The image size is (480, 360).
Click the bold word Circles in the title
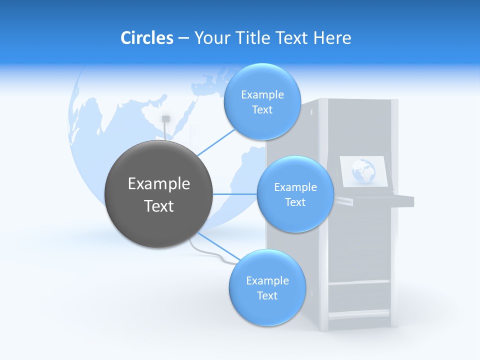coord(146,38)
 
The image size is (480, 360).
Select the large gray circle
coord(158,194)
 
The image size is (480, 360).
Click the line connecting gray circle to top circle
coord(216,141)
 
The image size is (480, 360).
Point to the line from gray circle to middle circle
coord(234,194)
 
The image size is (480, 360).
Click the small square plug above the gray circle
coord(166,118)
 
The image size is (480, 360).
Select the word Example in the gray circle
coord(158,184)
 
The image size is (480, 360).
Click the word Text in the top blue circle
coord(262,110)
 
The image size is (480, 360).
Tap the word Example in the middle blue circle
coord(295,187)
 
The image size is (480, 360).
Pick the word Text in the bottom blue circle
coord(267,296)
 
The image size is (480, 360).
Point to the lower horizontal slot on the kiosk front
coord(359,314)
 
